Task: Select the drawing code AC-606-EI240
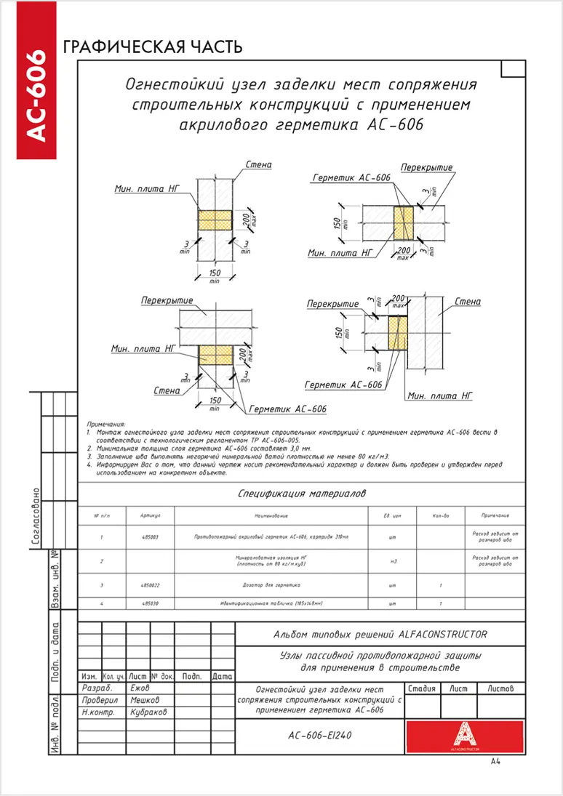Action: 320,735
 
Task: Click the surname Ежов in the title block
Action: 139,688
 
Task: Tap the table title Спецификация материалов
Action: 302,494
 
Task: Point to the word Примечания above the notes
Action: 106,423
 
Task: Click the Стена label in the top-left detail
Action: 259,165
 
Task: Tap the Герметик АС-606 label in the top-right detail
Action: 351,178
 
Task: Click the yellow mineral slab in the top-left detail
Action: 215,220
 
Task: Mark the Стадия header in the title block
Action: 422,688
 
